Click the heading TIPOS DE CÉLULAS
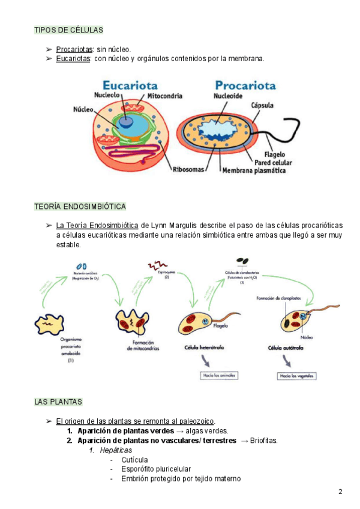[69, 30]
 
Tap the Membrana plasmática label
[254, 171]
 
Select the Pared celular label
[273, 162]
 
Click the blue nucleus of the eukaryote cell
[125, 122]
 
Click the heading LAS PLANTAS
[59, 402]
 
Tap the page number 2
[340, 492]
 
